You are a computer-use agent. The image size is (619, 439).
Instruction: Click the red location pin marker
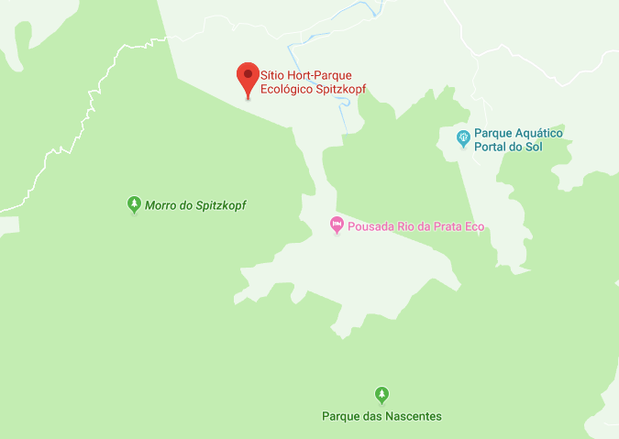pyautogui.click(x=247, y=77)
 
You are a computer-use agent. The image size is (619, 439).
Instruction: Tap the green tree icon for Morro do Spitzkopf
pyautogui.click(x=134, y=204)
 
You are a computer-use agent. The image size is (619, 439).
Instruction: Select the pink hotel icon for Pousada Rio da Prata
pyautogui.click(x=337, y=225)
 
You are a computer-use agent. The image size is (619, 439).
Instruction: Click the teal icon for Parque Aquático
pyautogui.click(x=464, y=138)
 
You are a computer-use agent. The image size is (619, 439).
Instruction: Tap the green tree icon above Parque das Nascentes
pyautogui.click(x=381, y=395)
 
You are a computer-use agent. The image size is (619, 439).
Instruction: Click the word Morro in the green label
pyautogui.click(x=160, y=205)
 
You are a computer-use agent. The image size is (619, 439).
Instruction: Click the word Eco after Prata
pyautogui.click(x=473, y=226)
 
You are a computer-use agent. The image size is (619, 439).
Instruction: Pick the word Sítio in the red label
pyautogui.click(x=272, y=74)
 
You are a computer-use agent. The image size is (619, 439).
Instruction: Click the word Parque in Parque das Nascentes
pyautogui.click(x=339, y=416)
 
